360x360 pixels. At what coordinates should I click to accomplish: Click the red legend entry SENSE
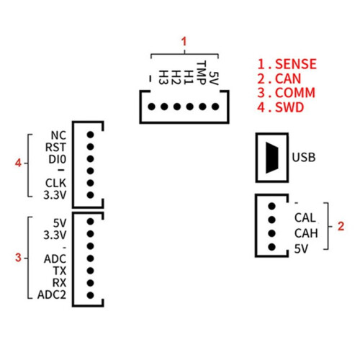pos(296,64)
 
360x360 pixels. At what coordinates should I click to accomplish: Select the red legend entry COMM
pos(295,93)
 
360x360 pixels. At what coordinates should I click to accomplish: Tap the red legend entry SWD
pos(289,107)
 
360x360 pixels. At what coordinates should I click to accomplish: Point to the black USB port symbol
pos(272,158)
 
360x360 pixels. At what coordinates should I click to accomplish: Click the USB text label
pos(304,158)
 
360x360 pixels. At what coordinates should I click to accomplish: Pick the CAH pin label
pos(306,233)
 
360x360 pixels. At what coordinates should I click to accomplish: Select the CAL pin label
pos(305,218)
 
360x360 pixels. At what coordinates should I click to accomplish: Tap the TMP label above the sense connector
pos(202,73)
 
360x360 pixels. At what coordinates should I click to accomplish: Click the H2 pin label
pos(176,77)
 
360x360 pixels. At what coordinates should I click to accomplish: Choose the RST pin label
pos(55,147)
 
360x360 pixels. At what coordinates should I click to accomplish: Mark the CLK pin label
pos(55,183)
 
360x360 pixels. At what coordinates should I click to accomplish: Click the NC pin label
pos(58,135)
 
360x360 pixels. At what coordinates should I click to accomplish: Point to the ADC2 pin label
pos(52,294)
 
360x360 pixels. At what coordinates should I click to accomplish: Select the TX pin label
pos(60,271)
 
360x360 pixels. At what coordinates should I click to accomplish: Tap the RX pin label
pos(59,283)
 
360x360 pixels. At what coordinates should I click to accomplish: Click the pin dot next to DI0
pos(90,159)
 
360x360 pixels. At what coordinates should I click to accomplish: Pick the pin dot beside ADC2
pos(90,295)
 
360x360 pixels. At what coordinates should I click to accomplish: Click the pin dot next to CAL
pos(271,220)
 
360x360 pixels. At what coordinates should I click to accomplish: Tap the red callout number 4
pos(18,163)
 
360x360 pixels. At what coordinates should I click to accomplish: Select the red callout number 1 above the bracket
pos(184,42)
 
